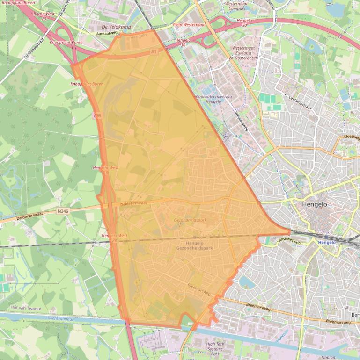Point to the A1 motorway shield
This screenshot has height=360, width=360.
(x=154, y=52)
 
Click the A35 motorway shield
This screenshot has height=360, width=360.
(x=97, y=115)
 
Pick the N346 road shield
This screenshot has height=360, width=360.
(x=63, y=211)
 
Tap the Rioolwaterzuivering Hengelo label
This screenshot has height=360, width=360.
(x=213, y=99)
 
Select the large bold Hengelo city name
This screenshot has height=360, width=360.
(x=315, y=204)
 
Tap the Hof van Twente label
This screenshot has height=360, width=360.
(x=26, y=309)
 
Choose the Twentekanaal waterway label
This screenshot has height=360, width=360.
(x=61, y=318)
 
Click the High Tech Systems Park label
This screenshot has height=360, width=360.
(x=215, y=349)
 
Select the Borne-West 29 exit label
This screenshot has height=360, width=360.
(x=44, y=16)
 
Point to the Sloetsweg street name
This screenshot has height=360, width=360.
(x=352, y=137)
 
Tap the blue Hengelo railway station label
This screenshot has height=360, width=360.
(x=327, y=243)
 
